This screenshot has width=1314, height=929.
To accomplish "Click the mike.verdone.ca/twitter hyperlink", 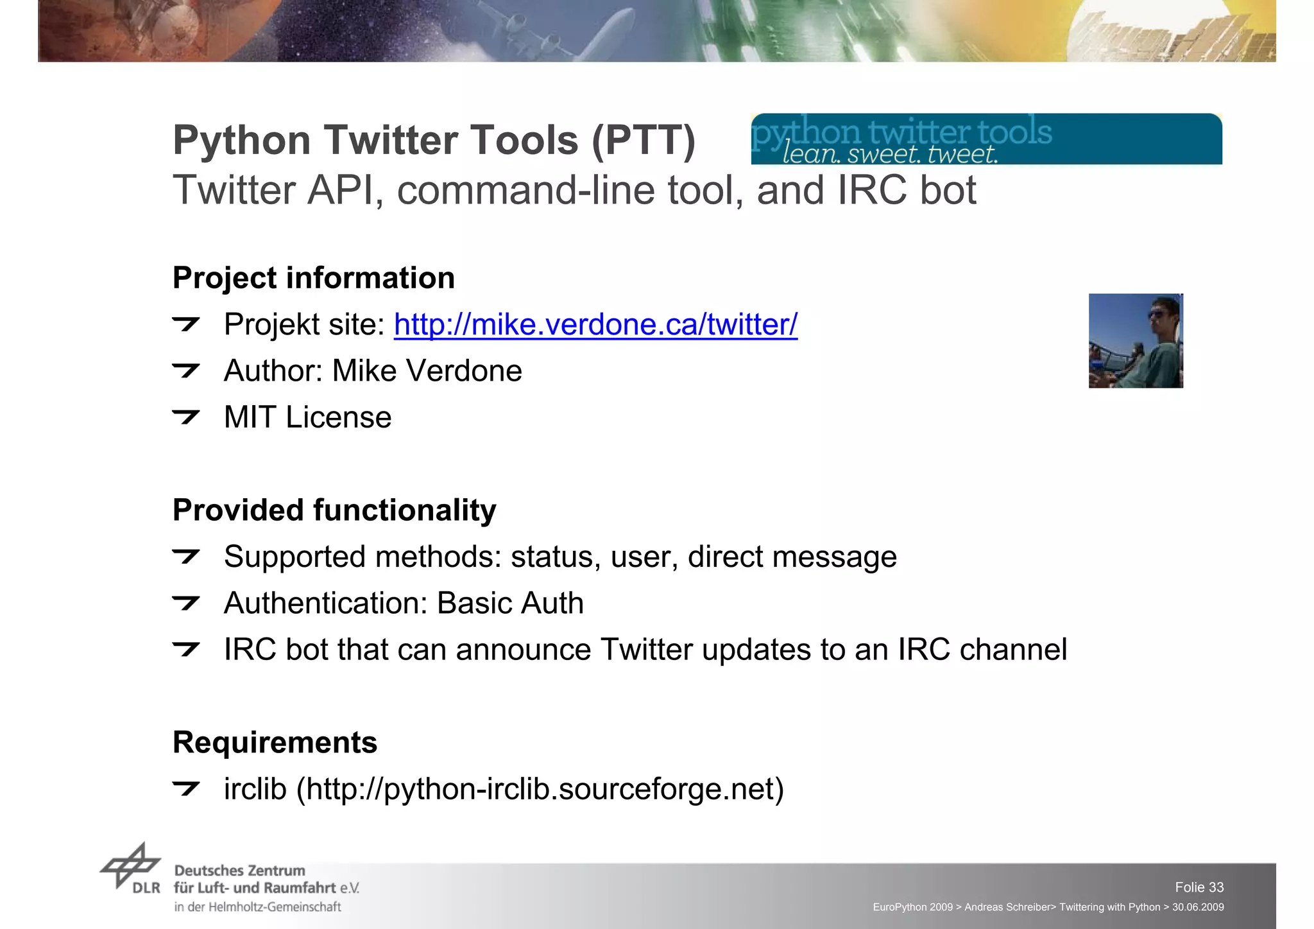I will [595, 325].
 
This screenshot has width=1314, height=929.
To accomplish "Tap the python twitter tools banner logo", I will [986, 139].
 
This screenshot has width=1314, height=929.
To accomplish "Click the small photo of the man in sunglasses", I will [1136, 341].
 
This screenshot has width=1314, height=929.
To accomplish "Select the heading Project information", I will [314, 279].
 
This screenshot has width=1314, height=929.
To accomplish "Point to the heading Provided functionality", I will [334, 511].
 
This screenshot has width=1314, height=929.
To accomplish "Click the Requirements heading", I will [275, 743].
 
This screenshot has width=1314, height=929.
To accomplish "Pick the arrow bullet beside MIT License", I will [186, 417].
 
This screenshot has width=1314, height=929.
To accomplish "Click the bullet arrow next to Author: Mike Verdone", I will [186, 370].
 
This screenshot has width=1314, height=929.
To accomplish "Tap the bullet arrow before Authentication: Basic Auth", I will [186, 603].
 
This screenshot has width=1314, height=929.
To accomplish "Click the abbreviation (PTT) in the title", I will [644, 141].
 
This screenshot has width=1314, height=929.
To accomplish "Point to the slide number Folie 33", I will [1199, 887].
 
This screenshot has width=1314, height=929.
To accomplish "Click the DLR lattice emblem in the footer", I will [130, 865].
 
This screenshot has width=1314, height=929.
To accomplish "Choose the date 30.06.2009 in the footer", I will [1198, 907].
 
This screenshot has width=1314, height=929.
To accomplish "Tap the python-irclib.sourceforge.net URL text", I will [539, 789].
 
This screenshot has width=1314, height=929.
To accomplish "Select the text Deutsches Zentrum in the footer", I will [239, 871].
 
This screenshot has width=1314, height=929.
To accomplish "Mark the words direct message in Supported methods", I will [792, 557].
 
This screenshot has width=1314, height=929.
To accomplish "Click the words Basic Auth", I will [510, 603].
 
